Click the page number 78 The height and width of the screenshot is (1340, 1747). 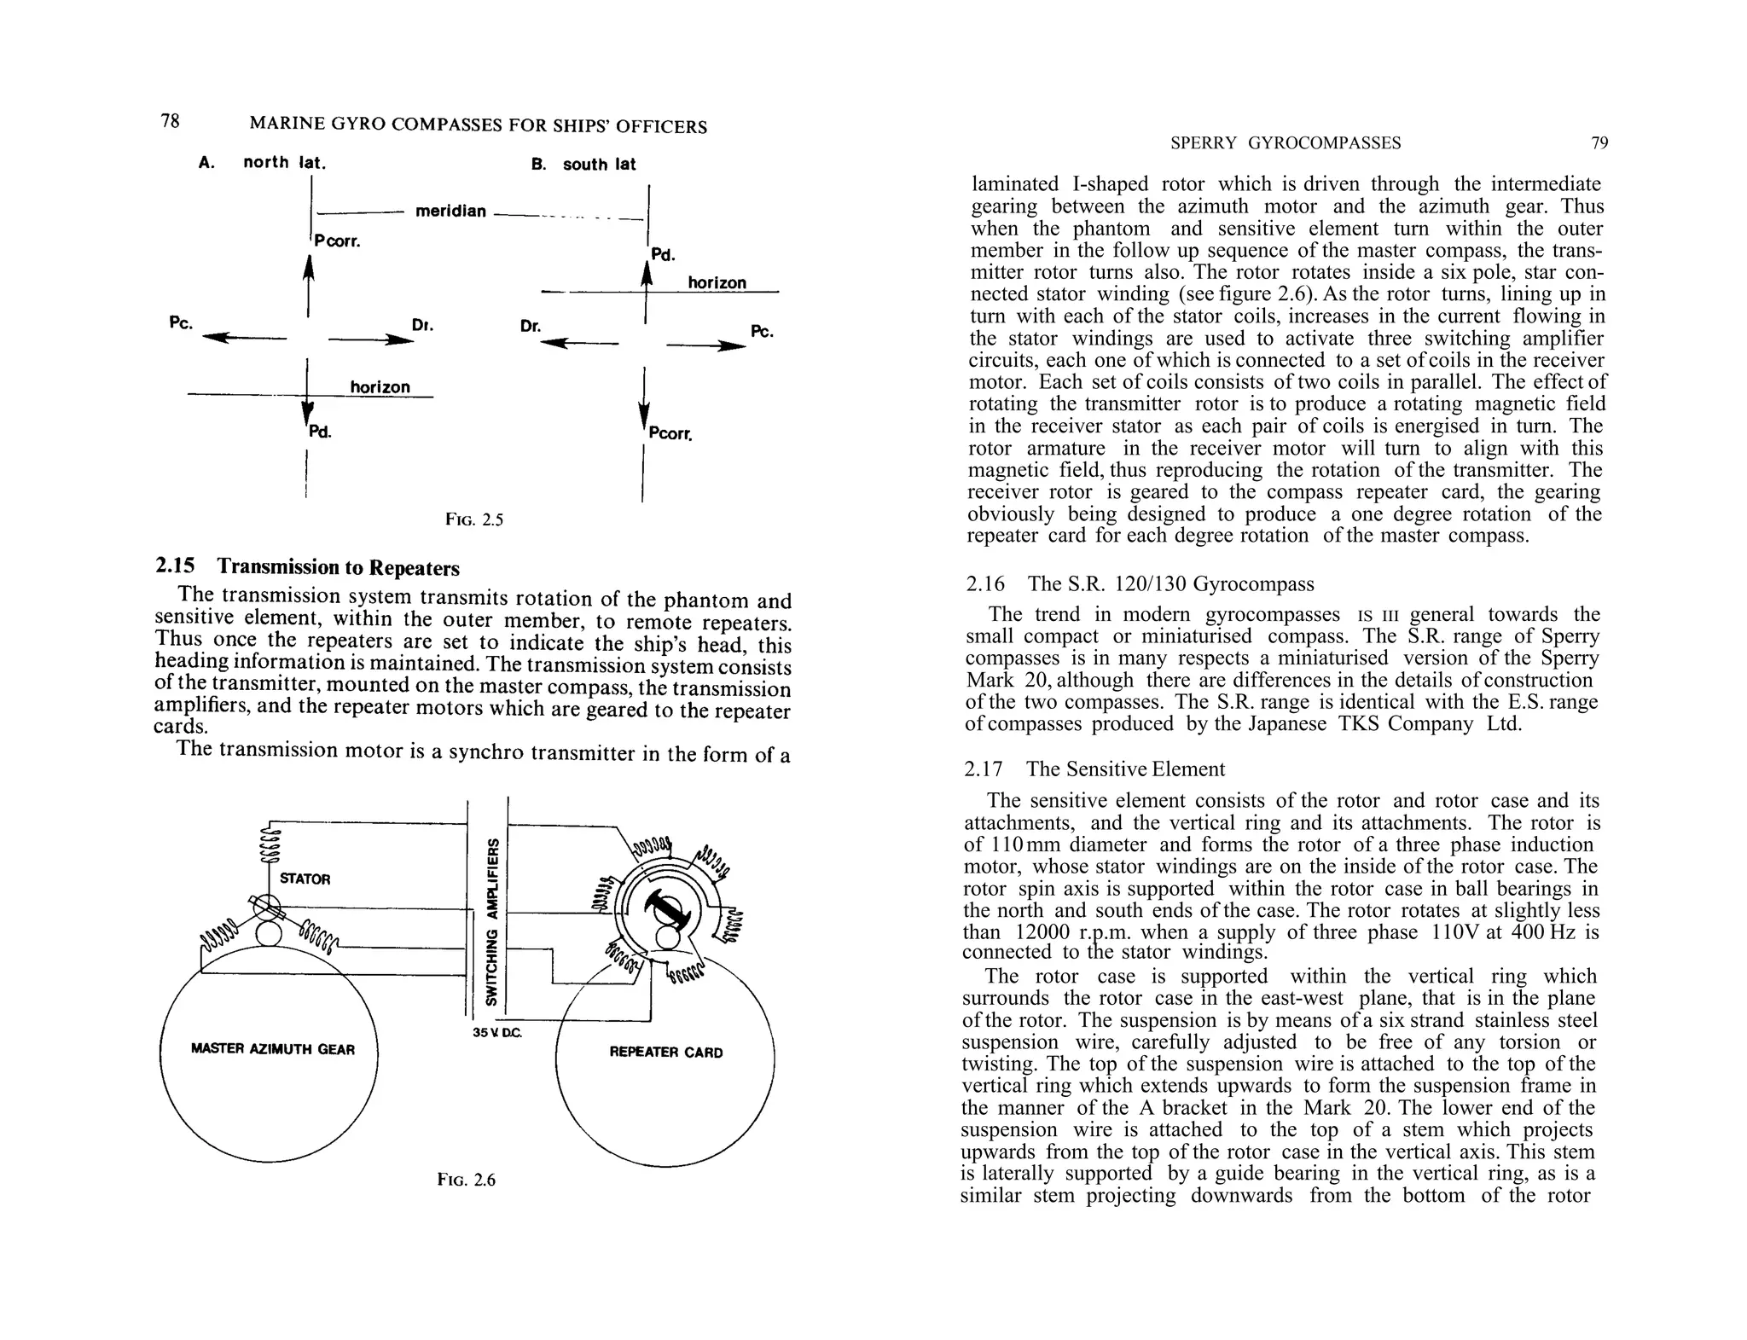(x=171, y=121)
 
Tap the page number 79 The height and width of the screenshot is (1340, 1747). (x=1599, y=143)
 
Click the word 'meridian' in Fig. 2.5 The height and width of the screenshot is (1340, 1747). (x=450, y=211)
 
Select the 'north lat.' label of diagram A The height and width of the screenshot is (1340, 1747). (x=285, y=162)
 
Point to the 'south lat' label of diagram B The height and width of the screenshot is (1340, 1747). (x=599, y=164)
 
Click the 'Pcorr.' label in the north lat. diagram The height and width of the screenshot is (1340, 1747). (x=337, y=241)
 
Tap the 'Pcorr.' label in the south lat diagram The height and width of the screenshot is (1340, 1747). (x=670, y=434)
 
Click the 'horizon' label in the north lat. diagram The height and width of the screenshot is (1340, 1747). (x=380, y=387)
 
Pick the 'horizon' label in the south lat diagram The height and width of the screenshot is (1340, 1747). (x=717, y=282)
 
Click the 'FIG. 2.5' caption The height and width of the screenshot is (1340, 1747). (x=474, y=519)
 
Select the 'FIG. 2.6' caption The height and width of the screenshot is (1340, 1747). (x=466, y=1180)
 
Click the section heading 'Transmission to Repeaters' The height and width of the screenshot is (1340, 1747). (x=338, y=567)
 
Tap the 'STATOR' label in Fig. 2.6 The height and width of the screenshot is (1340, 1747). (x=305, y=879)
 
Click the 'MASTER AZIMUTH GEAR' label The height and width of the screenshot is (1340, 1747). (x=273, y=1049)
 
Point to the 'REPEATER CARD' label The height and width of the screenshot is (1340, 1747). (x=666, y=1053)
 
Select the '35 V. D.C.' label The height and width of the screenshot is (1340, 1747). (x=496, y=1033)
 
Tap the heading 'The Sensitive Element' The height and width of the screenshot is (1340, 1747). (x=1125, y=769)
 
